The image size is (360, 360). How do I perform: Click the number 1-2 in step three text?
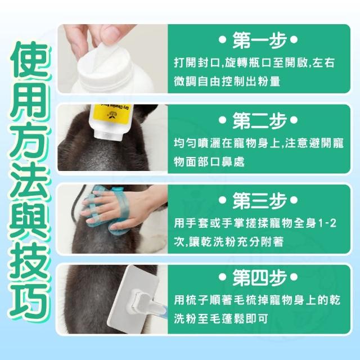(x=328, y=223)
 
